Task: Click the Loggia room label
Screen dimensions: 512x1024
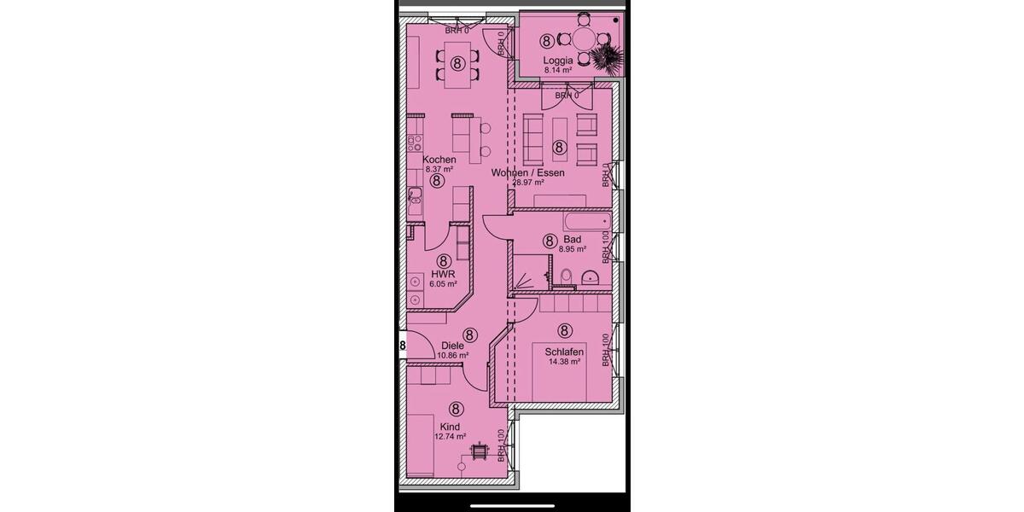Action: point(558,60)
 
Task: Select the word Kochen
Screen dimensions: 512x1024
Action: point(439,160)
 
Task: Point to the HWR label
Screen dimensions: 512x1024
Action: point(442,275)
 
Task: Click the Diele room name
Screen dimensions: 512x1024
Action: point(452,346)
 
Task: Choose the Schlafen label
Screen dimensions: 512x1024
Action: point(564,352)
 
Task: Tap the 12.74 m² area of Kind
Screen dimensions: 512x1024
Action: point(450,436)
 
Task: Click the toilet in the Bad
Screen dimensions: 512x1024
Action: point(566,276)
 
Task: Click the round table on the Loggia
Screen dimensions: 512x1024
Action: point(584,39)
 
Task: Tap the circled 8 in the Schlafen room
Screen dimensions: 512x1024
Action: point(564,330)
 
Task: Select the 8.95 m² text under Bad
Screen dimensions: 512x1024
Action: point(572,250)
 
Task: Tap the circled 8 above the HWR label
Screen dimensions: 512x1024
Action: point(443,261)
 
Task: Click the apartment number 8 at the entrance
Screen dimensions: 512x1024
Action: point(402,345)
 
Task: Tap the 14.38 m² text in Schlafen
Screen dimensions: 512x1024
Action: point(564,362)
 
